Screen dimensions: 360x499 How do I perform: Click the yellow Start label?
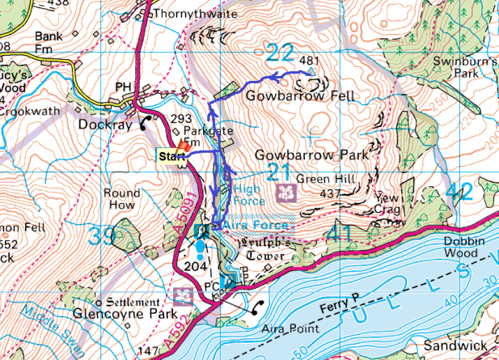170,155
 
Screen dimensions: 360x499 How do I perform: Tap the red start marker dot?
184,146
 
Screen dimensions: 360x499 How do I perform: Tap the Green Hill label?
319,179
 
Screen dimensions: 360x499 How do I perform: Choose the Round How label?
121,199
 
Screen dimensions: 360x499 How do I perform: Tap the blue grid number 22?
280,53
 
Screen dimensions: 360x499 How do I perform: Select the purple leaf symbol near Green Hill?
285,193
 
